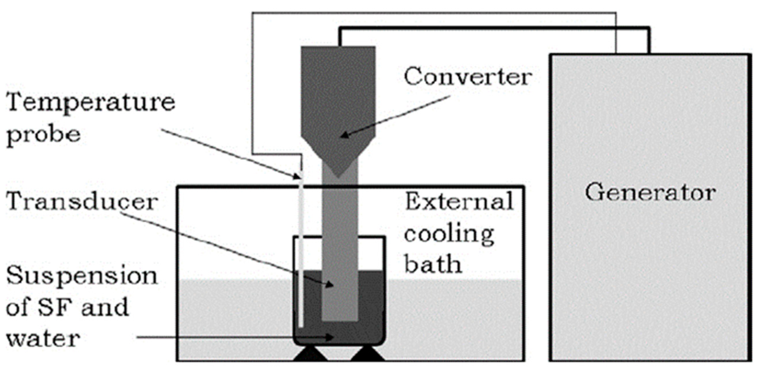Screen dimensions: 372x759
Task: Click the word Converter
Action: pos(468,77)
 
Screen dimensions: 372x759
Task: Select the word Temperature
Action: pos(90,103)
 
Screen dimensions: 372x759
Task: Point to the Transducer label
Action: pos(82,202)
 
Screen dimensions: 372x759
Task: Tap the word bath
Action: pos(432,264)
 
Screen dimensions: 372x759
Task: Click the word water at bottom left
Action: pos(43,339)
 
